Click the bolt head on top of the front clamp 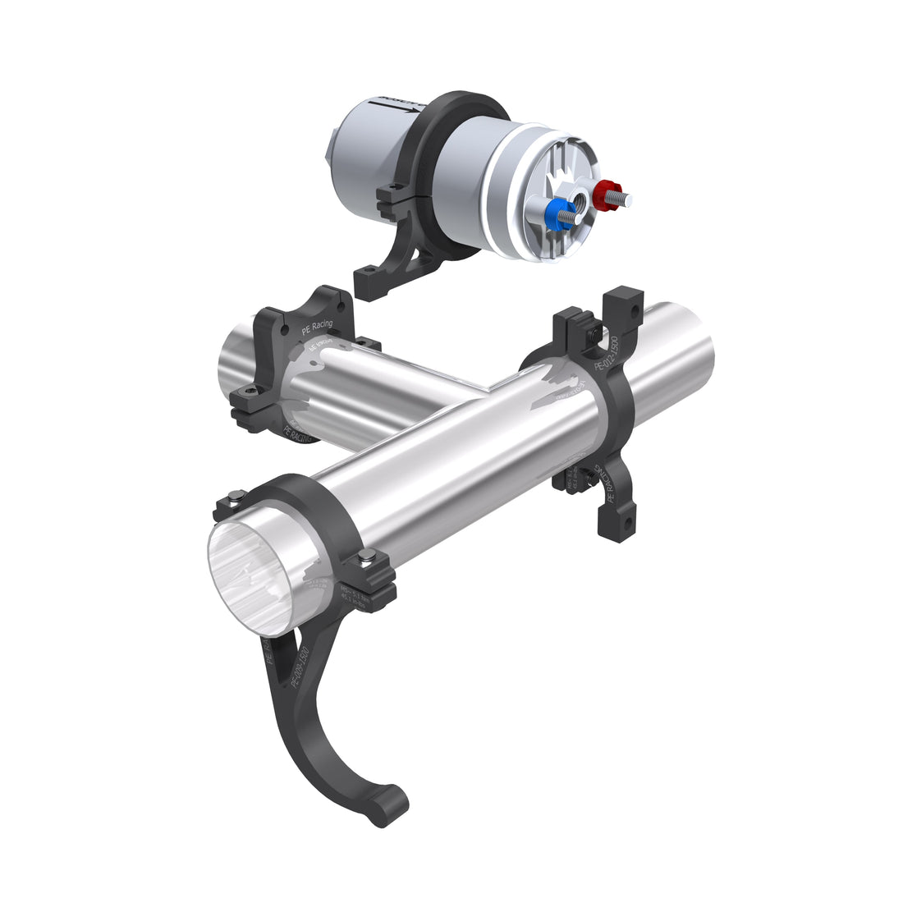click(x=236, y=495)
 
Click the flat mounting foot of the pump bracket click(x=379, y=282)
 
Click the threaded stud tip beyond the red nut click(x=629, y=199)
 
